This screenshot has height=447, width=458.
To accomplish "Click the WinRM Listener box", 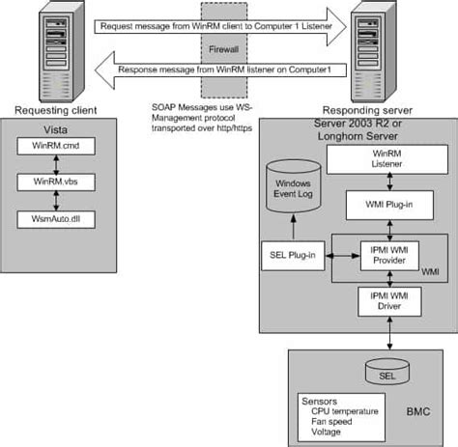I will pyautogui.click(x=386, y=160).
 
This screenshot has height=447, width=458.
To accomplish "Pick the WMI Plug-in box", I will pyautogui.click(x=386, y=206).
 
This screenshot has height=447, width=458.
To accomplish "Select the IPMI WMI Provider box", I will pyautogui.click(x=386, y=255).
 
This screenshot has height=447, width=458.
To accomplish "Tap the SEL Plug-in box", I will pyautogui.click(x=294, y=256).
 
